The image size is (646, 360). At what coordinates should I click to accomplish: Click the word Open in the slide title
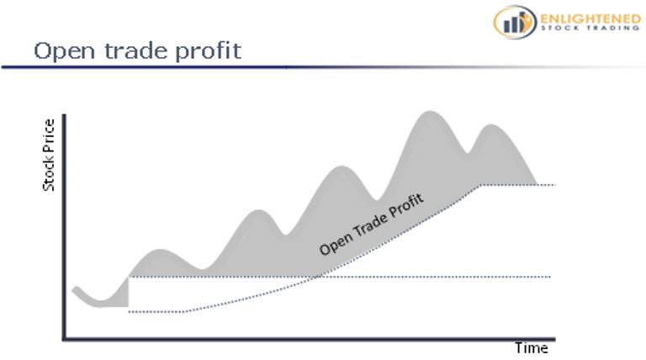coord(64,51)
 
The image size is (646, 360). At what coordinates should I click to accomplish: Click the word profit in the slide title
coord(208,51)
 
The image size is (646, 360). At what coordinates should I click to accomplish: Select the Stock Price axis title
coord(49,155)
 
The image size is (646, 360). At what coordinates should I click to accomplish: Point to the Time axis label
coord(532,348)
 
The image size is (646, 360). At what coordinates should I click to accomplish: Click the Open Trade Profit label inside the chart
coord(371,225)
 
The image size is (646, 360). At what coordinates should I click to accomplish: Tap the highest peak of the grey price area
coord(430,111)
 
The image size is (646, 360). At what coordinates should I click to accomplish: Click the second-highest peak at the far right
coord(490,124)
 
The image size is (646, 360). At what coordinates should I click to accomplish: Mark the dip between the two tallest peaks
coord(467,154)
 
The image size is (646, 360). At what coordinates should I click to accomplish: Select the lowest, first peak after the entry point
coord(160,250)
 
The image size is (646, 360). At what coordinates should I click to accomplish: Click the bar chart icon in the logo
coord(515,22)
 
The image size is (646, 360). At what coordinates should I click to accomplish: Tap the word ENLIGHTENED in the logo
coord(590,19)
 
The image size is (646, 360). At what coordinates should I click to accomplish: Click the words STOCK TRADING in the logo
coord(590,28)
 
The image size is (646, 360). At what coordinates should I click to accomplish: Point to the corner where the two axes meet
coord(64,340)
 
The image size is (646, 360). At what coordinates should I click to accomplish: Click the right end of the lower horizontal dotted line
coord(550,277)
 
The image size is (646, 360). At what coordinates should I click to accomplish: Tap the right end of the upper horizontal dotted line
coord(555,185)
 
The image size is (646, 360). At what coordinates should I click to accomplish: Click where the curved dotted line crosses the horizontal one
coord(318,277)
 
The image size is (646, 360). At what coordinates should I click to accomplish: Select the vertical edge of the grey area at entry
coord(128,292)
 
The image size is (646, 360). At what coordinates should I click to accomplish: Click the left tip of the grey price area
coord(73,290)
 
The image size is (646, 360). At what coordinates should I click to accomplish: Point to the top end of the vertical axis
coord(64,115)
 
